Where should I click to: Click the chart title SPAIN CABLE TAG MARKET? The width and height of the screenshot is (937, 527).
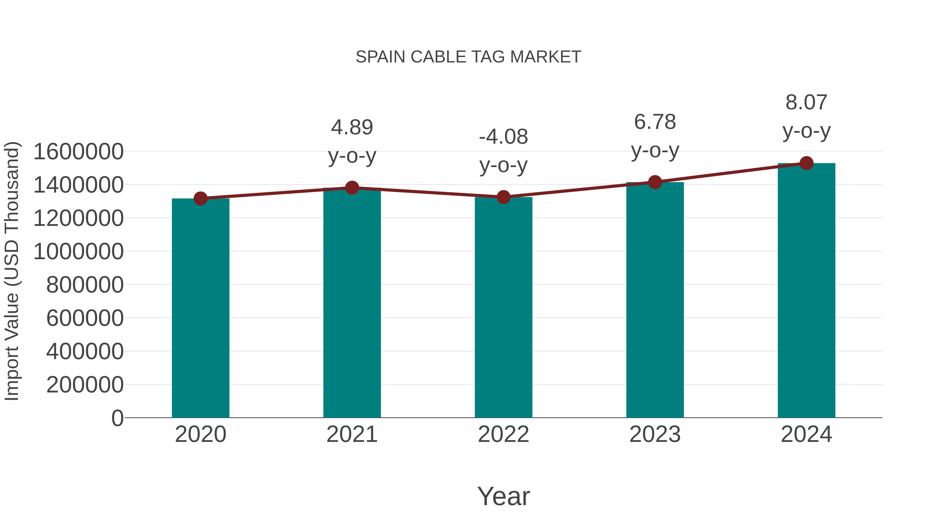(x=468, y=57)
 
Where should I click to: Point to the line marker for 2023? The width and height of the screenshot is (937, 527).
(x=655, y=182)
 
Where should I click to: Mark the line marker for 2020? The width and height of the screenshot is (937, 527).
(x=200, y=198)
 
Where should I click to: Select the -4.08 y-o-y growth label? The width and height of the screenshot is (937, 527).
(x=503, y=151)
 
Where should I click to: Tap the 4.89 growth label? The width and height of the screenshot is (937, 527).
(x=352, y=142)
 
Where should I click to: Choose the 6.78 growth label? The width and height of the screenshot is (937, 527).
(x=655, y=136)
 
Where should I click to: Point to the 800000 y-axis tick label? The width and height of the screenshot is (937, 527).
(x=85, y=284)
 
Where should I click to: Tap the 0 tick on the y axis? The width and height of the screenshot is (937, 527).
(x=117, y=418)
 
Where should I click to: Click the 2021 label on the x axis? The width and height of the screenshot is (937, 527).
(x=352, y=434)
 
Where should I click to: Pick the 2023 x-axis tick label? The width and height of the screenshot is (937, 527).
(x=655, y=434)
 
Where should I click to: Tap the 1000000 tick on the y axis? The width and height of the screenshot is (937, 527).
(x=78, y=251)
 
